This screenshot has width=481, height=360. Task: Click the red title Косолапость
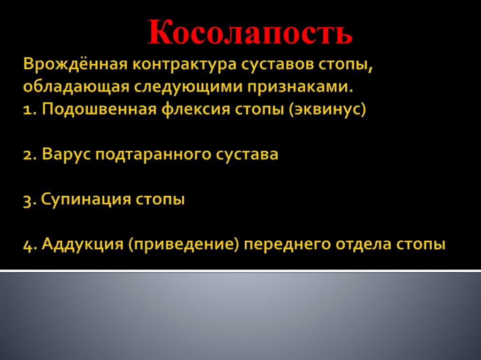[x=250, y=33]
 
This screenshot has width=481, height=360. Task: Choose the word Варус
[x=66, y=154]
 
